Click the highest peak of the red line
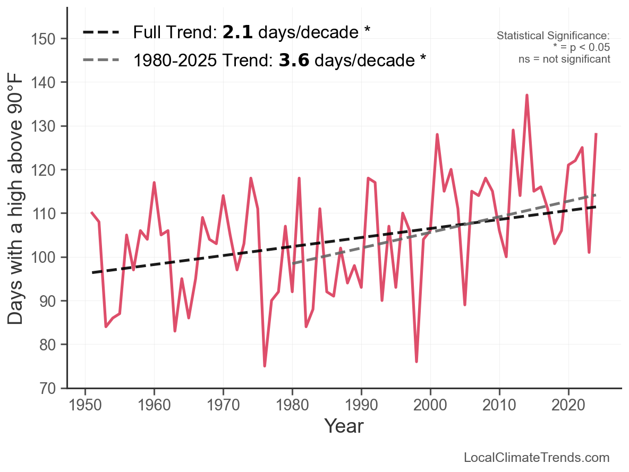(526, 95)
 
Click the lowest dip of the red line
(265, 366)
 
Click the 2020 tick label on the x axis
(568, 405)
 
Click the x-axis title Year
(344, 426)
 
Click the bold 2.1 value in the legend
(237, 32)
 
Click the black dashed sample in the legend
(101, 32)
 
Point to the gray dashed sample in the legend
(101, 60)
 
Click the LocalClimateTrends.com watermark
(537, 458)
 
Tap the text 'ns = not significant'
(564, 59)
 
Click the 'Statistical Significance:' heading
(553, 36)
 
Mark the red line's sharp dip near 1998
(416, 362)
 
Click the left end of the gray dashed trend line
(293, 263)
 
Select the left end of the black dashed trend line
(92, 272)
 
